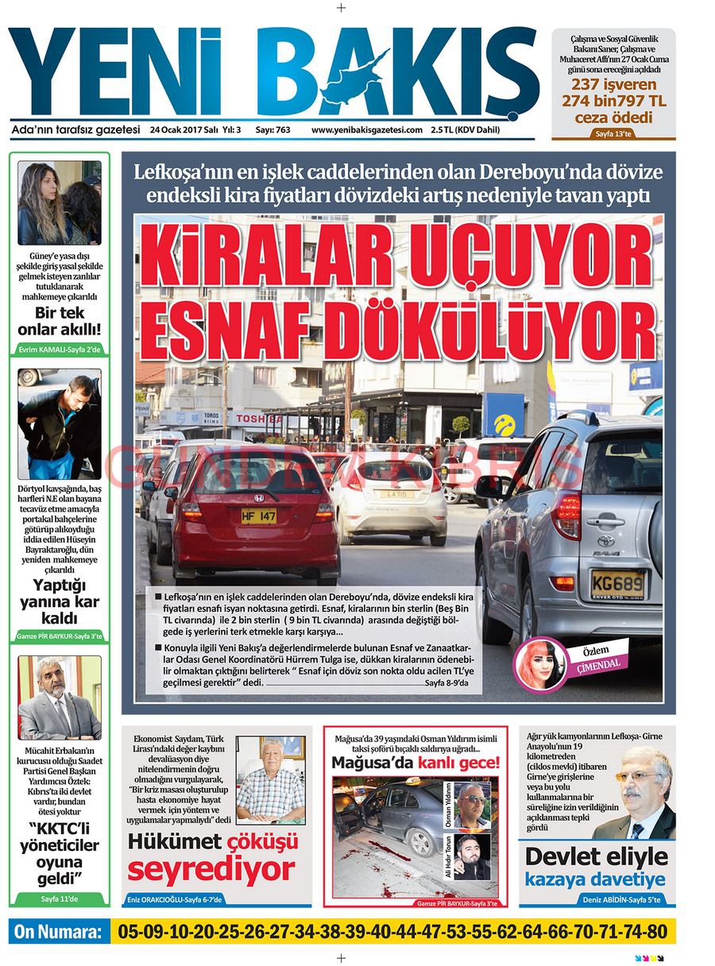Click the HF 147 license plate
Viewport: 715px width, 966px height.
[x=258, y=516]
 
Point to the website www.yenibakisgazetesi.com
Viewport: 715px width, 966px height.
[x=366, y=130]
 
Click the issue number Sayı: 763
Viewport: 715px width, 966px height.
[x=272, y=130]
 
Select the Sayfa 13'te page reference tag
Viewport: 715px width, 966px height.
[x=613, y=133]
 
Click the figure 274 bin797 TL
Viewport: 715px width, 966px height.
[x=613, y=101]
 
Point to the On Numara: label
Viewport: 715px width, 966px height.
[x=58, y=932]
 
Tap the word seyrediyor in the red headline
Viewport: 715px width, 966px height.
[x=211, y=869]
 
